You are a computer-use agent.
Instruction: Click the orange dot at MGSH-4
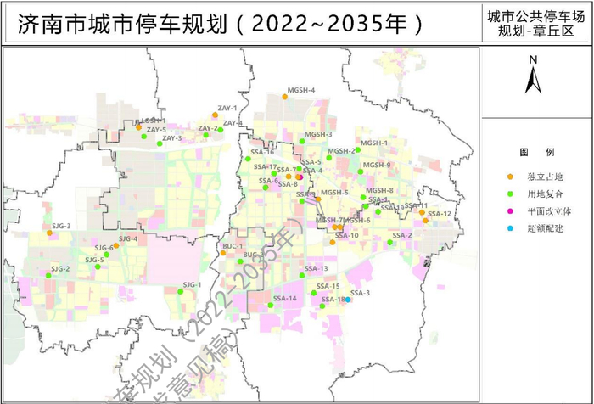(x=284, y=97)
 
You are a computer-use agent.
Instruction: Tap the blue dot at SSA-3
(x=348, y=300)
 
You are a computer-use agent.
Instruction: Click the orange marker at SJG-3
(x=49, y=233)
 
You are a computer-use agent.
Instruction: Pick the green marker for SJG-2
(x=48, y=275)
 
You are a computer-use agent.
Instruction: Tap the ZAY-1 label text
(x=227, y=108)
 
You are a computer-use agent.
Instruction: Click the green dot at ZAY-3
(x=160, y=144)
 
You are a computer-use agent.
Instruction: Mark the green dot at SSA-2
(x=389, y=243)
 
